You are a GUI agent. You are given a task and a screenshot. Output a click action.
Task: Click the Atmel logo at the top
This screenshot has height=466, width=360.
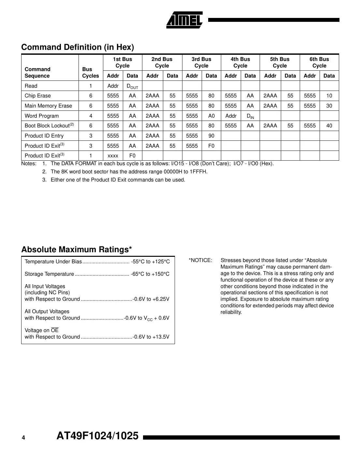click(184, 20)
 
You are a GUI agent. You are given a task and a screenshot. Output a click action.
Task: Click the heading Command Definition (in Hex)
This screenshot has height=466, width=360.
click(78, 47)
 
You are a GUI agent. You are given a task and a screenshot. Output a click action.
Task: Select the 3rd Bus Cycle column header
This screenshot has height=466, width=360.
click(201, 62)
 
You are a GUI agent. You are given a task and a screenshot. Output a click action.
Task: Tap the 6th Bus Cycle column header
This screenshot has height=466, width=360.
click(319, 62)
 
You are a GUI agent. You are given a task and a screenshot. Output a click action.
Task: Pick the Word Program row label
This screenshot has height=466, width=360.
click(42, 116)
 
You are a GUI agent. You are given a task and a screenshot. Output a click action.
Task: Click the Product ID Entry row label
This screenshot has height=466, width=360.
click(44, 136)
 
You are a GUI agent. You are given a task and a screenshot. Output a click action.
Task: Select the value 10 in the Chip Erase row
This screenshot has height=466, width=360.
click(329, 96)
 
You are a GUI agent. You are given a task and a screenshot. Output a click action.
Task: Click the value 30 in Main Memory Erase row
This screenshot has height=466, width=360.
click(329, 106)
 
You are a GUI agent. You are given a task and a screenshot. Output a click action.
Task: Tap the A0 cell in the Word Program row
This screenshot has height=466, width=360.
click(211, 116)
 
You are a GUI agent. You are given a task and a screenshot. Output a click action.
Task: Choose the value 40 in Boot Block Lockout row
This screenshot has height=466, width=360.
click(329, 126)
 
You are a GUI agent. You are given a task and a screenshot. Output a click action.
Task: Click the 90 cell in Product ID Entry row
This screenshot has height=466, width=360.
click(211, 136)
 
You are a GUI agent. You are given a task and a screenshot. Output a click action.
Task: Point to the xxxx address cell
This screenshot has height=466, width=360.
click(113, 156)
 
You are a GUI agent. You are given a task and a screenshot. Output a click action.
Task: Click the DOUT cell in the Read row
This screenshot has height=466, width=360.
click(132, 86)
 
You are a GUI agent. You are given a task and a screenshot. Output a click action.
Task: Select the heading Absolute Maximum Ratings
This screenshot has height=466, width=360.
click(77, 250)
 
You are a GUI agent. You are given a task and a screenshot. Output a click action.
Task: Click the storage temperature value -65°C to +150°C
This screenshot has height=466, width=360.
click(150, 274)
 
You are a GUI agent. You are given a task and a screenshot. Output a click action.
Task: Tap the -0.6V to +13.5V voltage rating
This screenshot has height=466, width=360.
click(151, 337)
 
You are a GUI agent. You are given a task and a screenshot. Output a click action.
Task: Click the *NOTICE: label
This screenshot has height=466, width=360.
click(200, 260)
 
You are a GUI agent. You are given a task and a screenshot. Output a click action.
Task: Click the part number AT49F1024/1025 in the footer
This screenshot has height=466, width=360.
click(97, 436)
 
